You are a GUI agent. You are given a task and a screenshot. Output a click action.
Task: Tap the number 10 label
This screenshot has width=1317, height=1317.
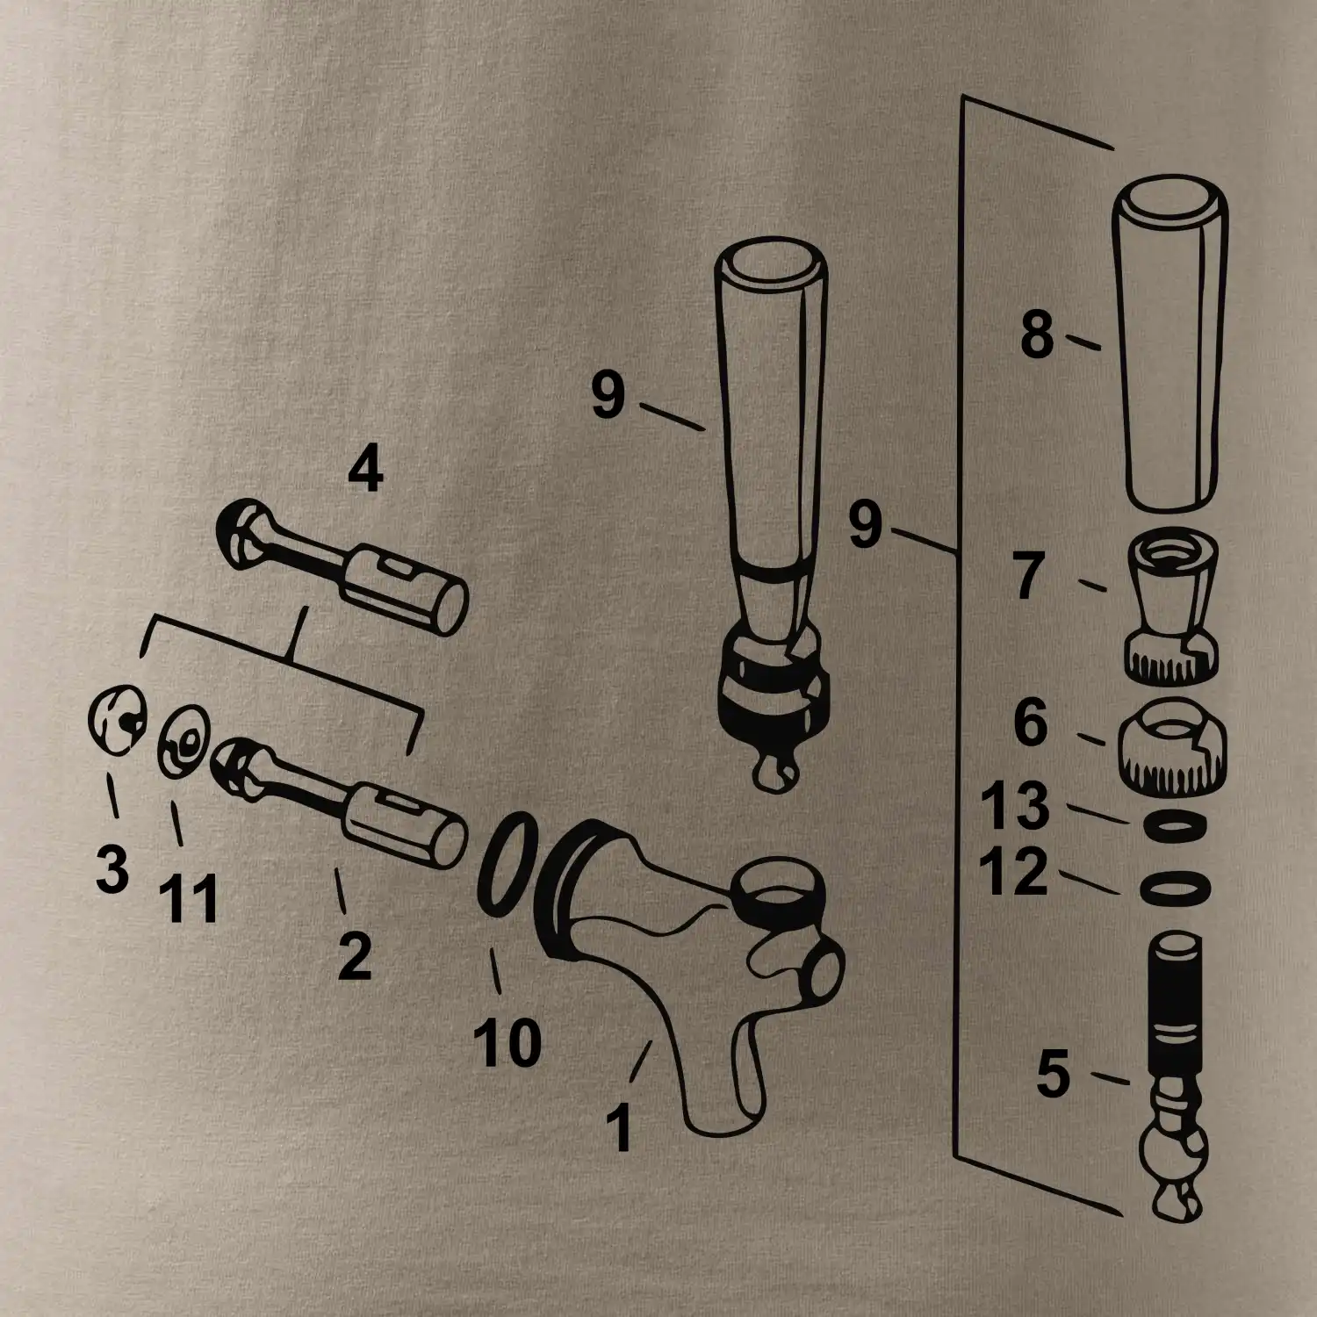click(x=508, y=1042)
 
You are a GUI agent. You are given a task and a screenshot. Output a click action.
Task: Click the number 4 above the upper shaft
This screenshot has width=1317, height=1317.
click(x=365, y=471)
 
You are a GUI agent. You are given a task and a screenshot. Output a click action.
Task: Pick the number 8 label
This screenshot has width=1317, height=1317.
click(x=1037, y=335)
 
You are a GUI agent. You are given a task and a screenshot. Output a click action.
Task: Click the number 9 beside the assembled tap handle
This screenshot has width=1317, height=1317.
click(x=608, y=395)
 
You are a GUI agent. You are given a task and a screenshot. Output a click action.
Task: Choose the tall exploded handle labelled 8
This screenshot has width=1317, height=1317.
click(x=1171, y=348)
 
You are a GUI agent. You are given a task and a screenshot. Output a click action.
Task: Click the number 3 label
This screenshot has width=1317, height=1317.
click(x=112, y=868)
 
